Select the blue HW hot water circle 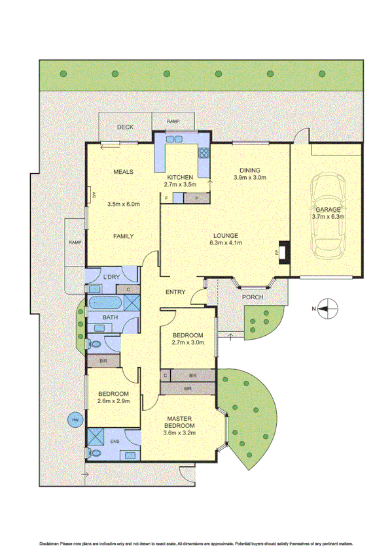[x=75, y=420]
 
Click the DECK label [x=125, y=127]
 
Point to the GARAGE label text [x=328, y=210]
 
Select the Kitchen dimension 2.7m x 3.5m [x=179, y=185]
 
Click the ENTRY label [x=175, y=292]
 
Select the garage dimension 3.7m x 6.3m [x=328, y=217]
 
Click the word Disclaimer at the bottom [x=50, y=544]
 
